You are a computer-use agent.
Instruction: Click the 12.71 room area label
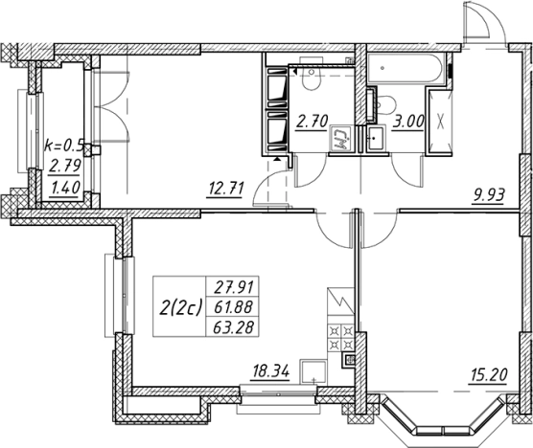(225, 189)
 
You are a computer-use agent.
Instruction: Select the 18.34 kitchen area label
(270, 371)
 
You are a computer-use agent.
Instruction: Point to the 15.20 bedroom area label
(489, 375)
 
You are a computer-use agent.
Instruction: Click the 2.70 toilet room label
(312, 122)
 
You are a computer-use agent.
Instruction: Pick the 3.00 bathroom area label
(408, 122)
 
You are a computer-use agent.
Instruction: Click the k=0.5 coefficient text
(63, 146)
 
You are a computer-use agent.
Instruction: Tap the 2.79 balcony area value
(65, 167)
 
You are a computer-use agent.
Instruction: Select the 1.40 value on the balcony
(64, 188)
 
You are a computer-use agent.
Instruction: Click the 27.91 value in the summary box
(234, 287)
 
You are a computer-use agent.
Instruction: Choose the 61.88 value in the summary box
(234, 307)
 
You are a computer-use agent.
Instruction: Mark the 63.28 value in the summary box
(234, 327)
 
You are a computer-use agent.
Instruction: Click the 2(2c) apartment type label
(180, 307)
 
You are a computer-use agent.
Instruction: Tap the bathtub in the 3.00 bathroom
(406, 68)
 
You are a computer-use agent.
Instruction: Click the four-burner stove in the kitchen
(341, 338)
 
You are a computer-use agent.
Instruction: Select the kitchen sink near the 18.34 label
(313, 372)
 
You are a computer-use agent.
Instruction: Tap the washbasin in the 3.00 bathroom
(375, 138)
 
